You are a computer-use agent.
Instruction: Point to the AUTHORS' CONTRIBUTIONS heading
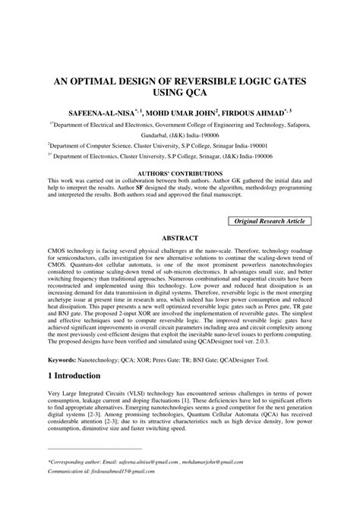tap(180, 174)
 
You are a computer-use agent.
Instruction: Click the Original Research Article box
tap(270, 220)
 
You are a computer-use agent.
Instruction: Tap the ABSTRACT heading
tap(180, 237)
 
